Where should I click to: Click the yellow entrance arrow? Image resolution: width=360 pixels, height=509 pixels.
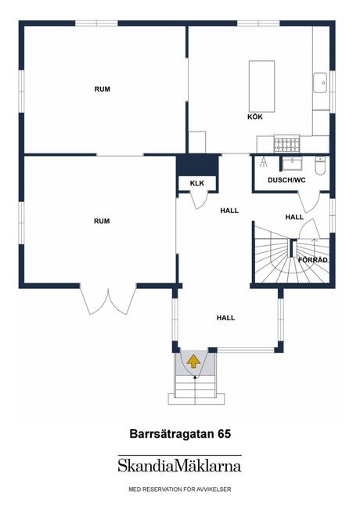pyautogui.click(x=192, y=361)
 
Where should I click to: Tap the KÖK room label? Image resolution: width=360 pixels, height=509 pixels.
pyautogui.click(x=254, y=117)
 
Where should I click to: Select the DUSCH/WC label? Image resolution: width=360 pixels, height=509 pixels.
pyautogui.click(x=286, y=180)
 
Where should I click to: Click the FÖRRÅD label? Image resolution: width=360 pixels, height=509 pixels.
pyautogui.click(x=312, y=259)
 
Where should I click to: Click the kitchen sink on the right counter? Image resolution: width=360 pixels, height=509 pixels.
pyautogui.click(x=320, y=81)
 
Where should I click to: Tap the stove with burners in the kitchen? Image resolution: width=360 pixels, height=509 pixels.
pyautogui.click(x=286, y=144)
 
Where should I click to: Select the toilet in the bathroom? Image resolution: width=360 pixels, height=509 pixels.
pyautogui.click(x=319, y=165)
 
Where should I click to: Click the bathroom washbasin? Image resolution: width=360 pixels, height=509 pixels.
pyautogui.click(x=293, y=163)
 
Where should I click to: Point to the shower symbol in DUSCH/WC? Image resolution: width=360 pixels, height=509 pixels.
pyautogui.click(x=265, y=163)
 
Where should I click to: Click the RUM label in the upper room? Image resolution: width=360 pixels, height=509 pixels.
pyautogui.click(x=102, y=89)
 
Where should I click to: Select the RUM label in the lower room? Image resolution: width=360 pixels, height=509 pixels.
pyautogui.click(x=102, y=222)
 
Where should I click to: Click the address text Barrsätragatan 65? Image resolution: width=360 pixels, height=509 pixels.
pyautogui.click(x=179, y=432)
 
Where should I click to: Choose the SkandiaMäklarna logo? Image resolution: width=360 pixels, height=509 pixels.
pyautogui.click(x=179, y=466)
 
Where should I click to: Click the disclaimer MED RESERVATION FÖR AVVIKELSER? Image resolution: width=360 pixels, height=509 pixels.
pyautogui.click(x=179, y=489)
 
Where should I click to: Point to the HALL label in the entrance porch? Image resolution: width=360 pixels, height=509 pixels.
pyautogui.click(x=226, y=317)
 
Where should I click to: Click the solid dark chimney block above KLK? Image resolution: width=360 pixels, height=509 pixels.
pyautogui.click(x=196, y=166)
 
